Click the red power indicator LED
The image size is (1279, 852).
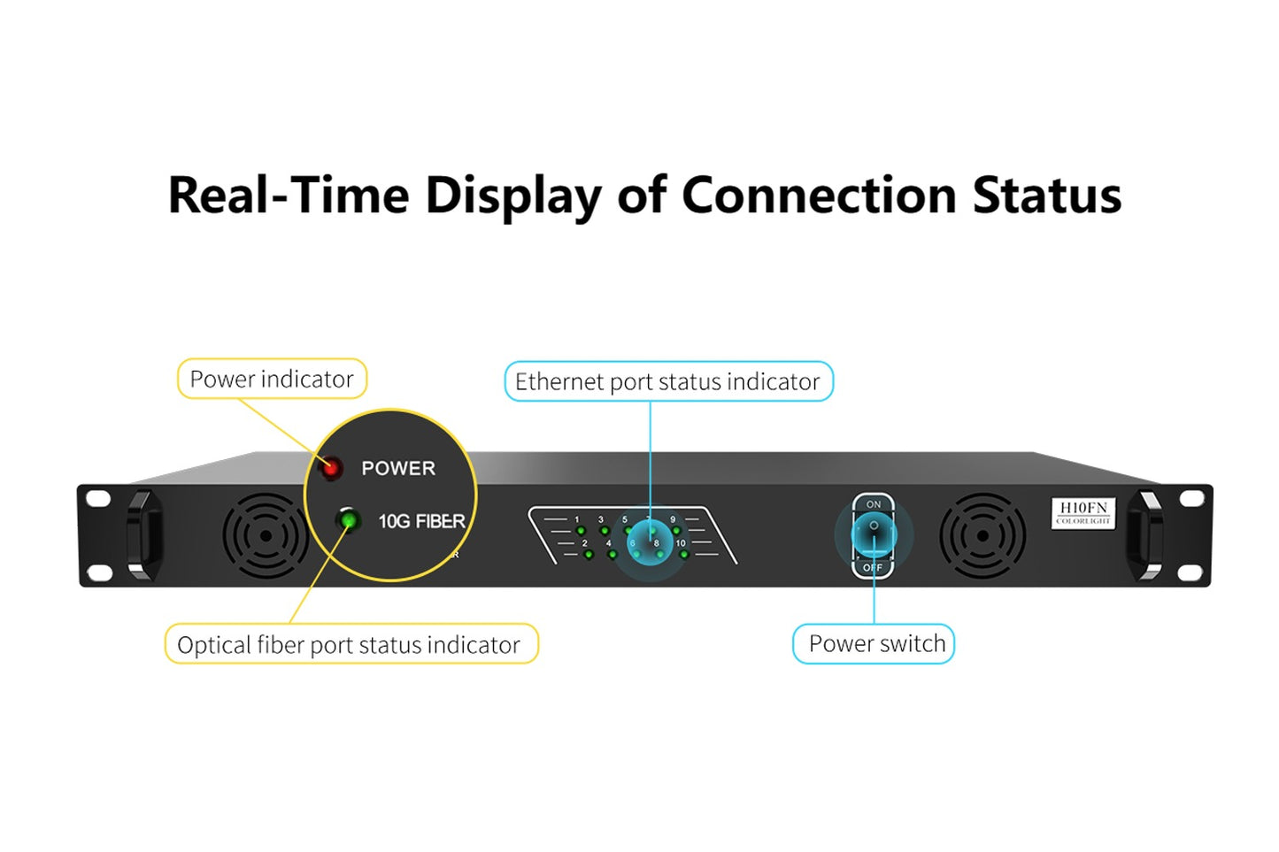coord(331,467)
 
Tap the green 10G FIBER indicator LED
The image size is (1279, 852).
coord(349,519)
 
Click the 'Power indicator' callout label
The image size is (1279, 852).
coord(272,380)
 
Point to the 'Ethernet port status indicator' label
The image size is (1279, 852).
coord(667,382)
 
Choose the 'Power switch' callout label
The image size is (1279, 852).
coord(876,644)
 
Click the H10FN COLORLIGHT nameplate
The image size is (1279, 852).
coord(1083,512)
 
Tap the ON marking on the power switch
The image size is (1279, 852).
coord(874,504)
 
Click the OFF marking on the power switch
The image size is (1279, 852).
coord(873,567)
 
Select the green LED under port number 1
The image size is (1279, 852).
coord(582,531)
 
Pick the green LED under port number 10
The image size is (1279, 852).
coord(684,555)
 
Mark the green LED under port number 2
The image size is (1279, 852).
coord(589,555)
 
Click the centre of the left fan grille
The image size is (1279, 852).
coord(266,536)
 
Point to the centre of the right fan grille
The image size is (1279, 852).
coord(982,536)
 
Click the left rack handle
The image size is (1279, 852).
coord(144,536)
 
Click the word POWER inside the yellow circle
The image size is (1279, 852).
coord(398,469)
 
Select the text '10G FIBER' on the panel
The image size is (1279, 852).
coord(421,522)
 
